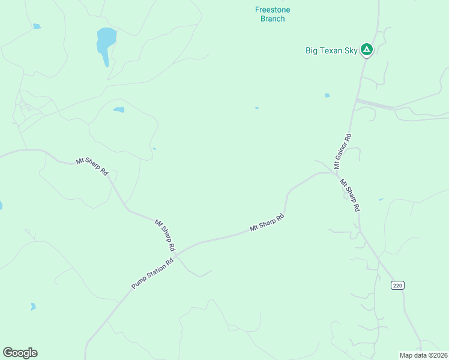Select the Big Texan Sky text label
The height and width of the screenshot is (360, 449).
coord(331,50)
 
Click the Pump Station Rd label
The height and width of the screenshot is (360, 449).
coord(152,274)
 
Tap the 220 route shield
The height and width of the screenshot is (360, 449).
coord(397,285)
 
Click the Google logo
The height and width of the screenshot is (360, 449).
coord(20,353)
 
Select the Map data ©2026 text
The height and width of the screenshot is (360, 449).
coord(423,355)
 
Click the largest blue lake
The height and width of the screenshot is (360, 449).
coord(105,42)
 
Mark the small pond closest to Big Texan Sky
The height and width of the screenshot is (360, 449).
coord(327,95)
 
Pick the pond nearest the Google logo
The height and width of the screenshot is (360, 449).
coord(33,307)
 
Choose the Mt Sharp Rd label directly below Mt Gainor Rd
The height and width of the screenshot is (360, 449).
coord(349,195)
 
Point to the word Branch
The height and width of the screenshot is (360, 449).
coord(273,19)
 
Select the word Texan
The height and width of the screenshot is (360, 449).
coord(331,50)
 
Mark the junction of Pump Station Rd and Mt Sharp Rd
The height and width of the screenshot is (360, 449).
coord(177,252)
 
